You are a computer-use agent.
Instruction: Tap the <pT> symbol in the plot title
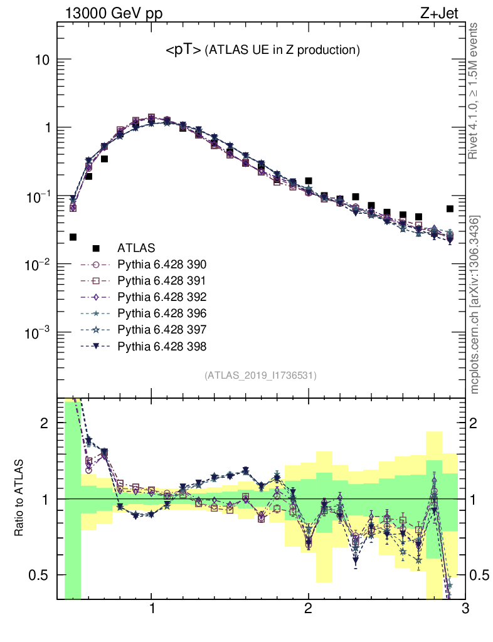pos(183,50)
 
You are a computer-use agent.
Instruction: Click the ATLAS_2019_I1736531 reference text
pos(260,376)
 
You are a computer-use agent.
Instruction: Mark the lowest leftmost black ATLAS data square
pos(73,237)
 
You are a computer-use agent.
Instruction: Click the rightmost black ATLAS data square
pos(450,209)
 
